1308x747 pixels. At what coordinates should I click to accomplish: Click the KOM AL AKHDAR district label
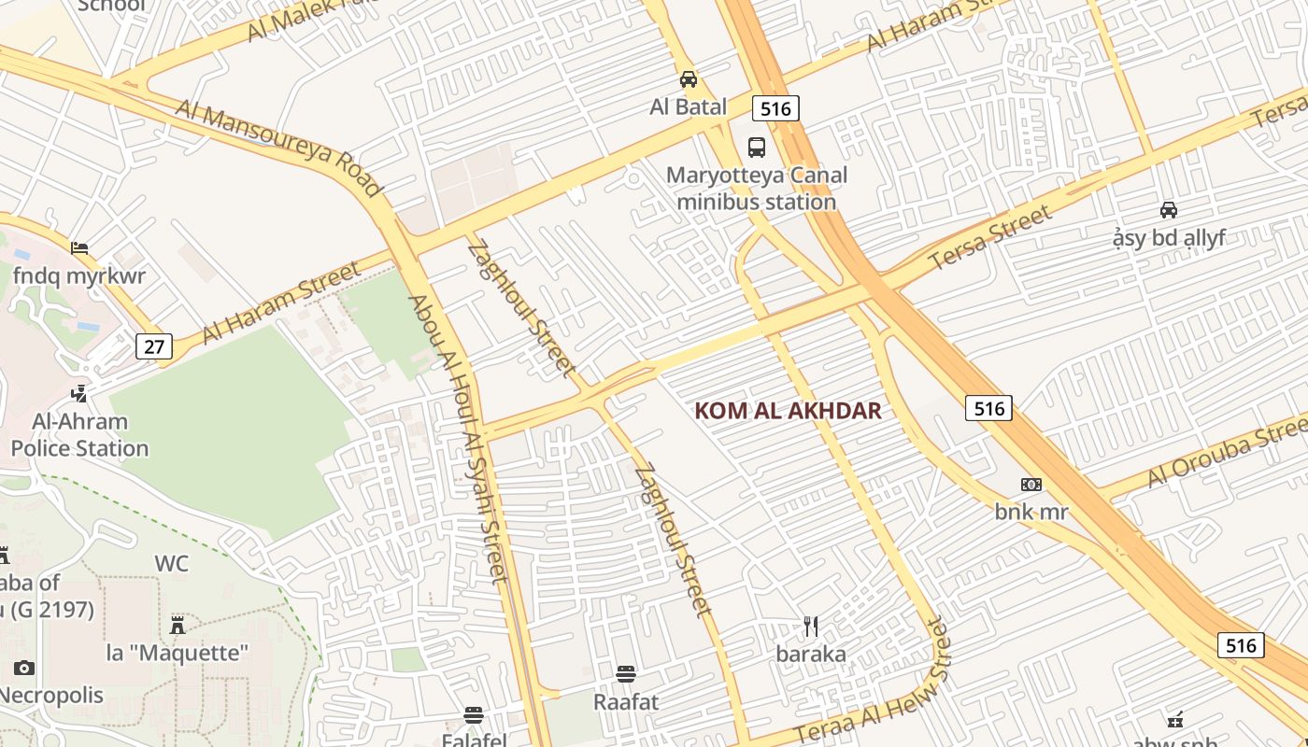[x=789, y=411]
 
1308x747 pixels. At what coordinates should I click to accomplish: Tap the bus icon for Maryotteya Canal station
[x=757, y=147]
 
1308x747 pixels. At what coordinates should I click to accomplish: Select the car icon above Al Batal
[x=689, y=79]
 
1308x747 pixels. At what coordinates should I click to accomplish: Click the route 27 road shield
[x=154, y=347]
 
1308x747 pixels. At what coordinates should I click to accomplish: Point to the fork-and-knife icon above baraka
[x=811, y=627]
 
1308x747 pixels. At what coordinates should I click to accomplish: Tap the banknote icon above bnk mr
[x=1031, y=485]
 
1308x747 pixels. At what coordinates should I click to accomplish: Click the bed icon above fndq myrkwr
[x=79, y=248]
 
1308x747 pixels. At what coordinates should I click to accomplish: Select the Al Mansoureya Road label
[x=279, y=148]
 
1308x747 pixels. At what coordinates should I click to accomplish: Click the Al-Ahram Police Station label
[x=79, y=435]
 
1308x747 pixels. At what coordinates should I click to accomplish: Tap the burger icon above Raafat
[x=626, y=674]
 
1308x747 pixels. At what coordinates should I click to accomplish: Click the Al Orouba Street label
[x=1227, y=456]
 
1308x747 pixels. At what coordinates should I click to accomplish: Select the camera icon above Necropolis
[x=24, y=668]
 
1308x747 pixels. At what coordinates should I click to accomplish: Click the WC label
[x=171, y=564]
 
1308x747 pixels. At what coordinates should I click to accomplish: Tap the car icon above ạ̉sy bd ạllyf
[x=1169, y=210]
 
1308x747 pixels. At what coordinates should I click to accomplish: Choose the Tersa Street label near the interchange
[x=990, y=239]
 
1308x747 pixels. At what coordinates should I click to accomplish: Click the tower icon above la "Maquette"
[x=178, y=625]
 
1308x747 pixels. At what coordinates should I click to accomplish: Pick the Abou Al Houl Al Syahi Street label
[x=459, y=439]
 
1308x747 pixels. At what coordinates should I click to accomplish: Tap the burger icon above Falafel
[x=474, y=716]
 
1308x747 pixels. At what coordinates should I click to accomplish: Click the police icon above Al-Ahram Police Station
[x=79, y=394]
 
